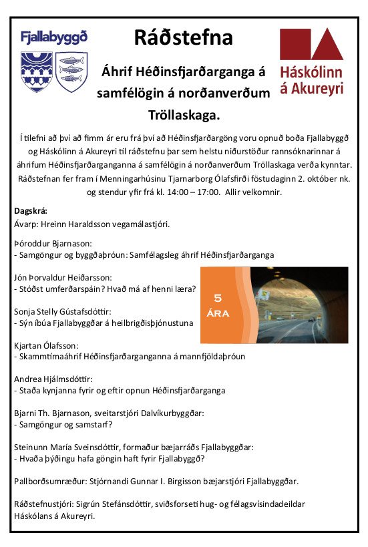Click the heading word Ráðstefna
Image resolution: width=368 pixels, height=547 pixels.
point(183,37)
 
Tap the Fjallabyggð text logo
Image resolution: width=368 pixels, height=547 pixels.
point(54,37)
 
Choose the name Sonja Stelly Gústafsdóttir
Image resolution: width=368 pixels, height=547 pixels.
point(62,311)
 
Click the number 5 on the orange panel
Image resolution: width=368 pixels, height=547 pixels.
point(217,298)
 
